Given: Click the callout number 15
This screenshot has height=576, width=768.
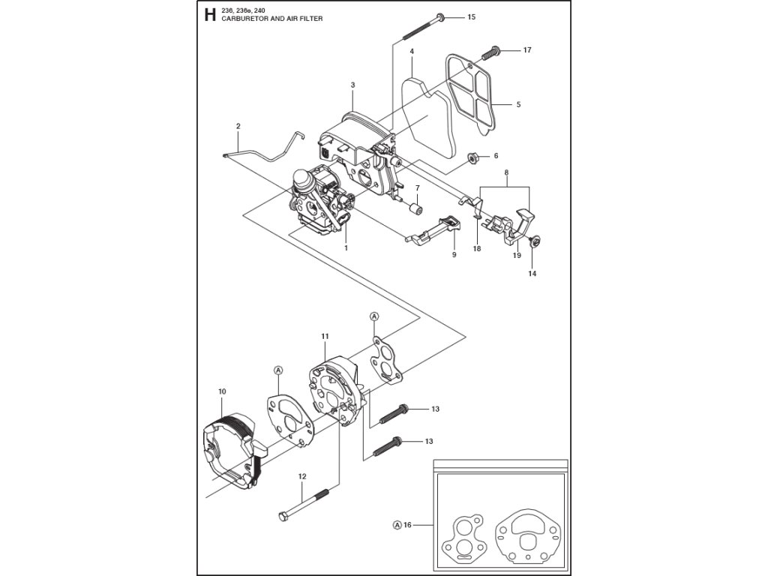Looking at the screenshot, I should [x=471, y=16].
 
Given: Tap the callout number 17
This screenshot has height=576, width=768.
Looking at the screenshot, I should [x=527, y=50].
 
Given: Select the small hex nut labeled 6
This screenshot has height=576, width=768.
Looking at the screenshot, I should [x=474, y=157].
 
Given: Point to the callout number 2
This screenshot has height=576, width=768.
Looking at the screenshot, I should [x=238, y=126].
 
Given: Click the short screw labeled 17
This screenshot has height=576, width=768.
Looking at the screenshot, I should [x=492, y=52].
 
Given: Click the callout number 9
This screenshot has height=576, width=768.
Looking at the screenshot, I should [x=454, y=255].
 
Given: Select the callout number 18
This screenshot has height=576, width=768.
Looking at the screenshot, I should [x=477, y=248].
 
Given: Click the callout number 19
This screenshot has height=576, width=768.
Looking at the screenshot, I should [x=517, y=256].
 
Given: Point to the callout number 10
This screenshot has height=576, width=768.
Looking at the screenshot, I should [x=222, y=391].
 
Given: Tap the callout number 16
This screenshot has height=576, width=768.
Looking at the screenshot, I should [x=408, y=525].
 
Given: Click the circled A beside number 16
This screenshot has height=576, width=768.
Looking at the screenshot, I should [x=397, y=525].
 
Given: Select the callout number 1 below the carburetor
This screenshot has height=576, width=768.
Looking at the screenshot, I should [x=346, y=247].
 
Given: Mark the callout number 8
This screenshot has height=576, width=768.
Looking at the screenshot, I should [x=506, y=172].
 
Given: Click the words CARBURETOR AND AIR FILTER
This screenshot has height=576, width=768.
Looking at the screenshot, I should [x=272, y=19].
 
